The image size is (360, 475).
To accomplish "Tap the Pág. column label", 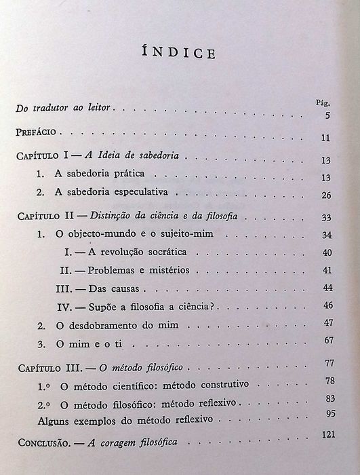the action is [323, 102].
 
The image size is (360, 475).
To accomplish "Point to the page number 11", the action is [326, 139].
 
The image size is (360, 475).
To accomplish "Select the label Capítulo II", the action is [45, 216].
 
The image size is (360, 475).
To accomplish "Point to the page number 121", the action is [327, 434].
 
